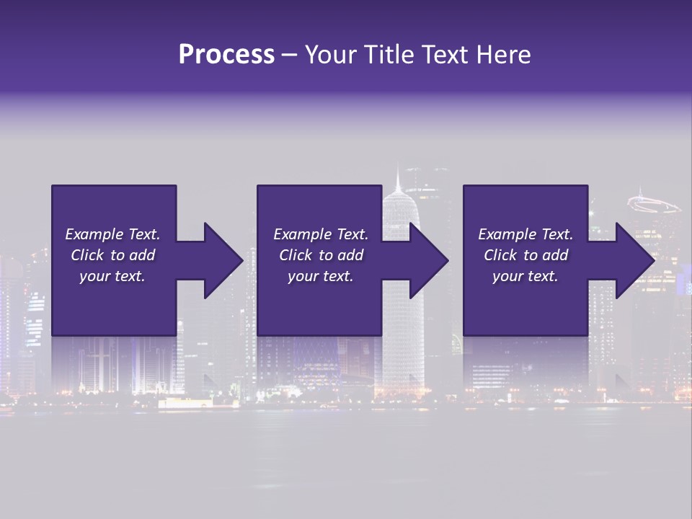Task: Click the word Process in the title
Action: tap(226, 55)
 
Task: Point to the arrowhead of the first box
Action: tap(223, 260)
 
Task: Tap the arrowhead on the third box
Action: tap(635, 260)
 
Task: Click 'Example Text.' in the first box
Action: tap(112, 234)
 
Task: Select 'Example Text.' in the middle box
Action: tap(321, 234)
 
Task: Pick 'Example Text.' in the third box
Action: tap(525, 234)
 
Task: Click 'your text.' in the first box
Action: tap(112, 276)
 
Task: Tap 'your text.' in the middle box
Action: tap(321, 276)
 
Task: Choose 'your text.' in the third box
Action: tap(525, 276)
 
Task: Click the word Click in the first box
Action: tap(88, 255)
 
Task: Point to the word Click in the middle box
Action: tap(296, 255)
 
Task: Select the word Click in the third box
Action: tap(501, 255)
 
